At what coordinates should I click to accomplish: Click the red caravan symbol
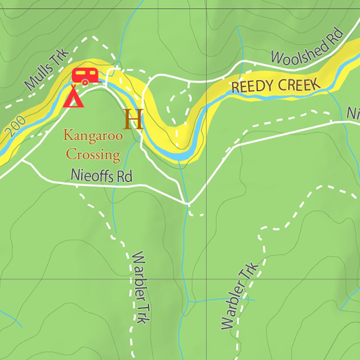click(x=85, y=76)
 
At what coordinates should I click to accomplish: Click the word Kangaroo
click(x=93, y=135)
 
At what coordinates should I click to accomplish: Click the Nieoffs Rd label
click(x=101, y=175)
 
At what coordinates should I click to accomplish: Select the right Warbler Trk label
click(x=240, y=296)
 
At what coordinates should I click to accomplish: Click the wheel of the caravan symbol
click(x=85, y=83)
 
